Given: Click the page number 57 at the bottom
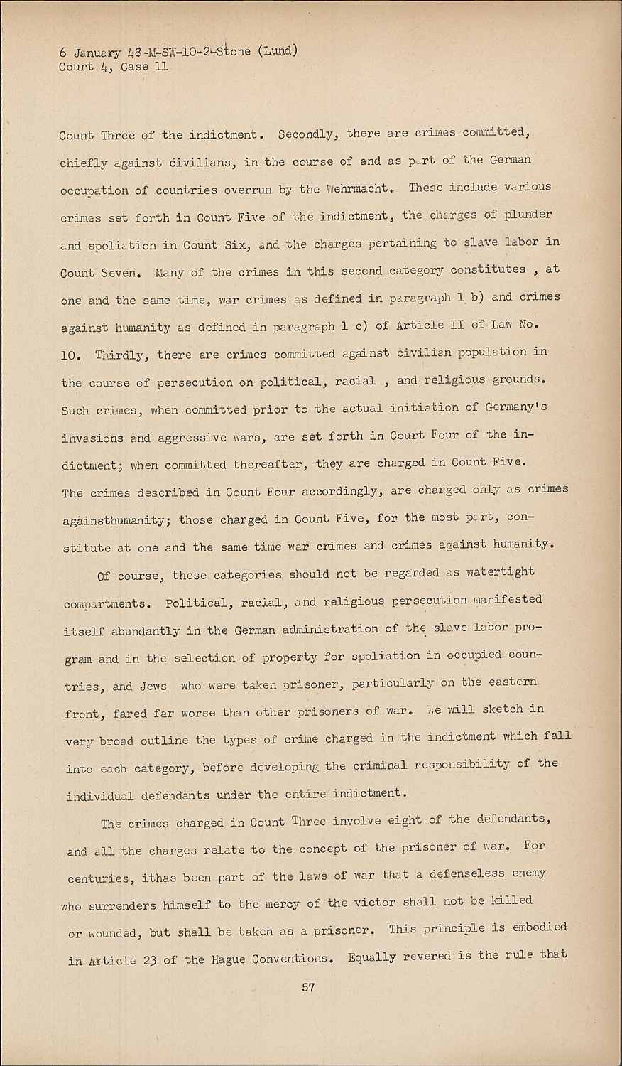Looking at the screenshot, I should pos(308,987).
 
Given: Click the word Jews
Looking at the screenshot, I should pos(149,686).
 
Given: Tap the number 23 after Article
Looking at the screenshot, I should pos(148,960).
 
